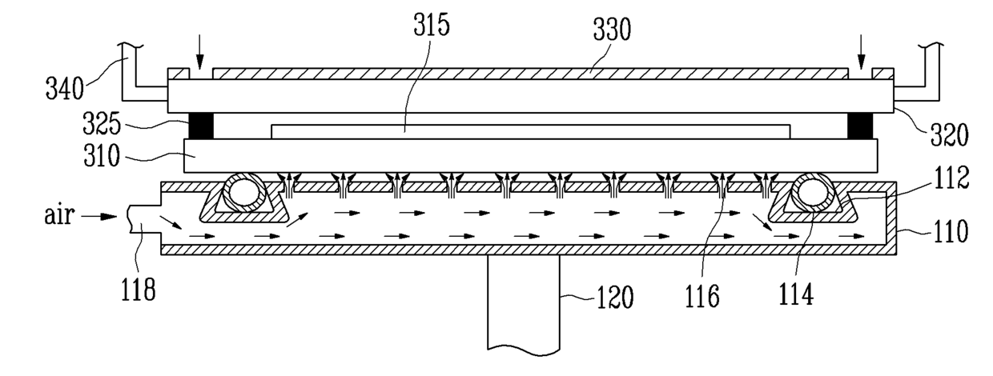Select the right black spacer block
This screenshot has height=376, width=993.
point(862,125)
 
